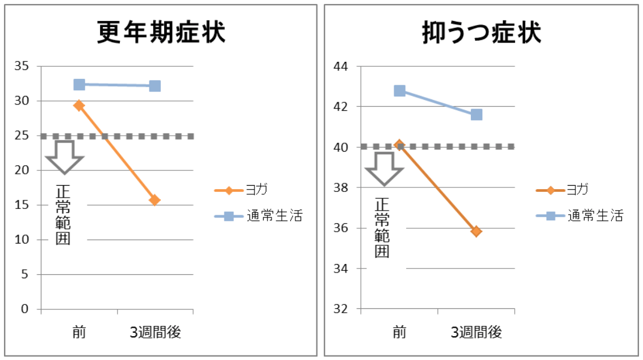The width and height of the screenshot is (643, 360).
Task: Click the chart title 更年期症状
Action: (x=161, y=33)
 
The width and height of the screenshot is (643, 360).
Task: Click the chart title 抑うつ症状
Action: (x=481, y=33)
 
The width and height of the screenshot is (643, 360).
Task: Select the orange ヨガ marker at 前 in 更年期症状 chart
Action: (x=79, y=105)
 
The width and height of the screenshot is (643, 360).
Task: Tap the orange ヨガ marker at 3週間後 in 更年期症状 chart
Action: (x=155, y=200)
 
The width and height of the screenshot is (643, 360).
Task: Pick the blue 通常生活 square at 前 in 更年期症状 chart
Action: (x=79, y=85)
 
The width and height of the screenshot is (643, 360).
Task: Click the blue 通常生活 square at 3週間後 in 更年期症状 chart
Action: (x=155, y=86)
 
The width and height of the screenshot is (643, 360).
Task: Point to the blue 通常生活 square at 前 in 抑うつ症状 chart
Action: (x=399, y=91)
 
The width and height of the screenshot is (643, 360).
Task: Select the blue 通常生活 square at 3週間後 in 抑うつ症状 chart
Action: (x=476, y=115)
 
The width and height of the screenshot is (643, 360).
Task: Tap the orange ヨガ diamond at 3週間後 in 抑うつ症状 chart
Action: (x=476, y=231)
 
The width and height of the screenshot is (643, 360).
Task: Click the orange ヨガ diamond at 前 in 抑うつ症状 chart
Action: (x=399, y=145)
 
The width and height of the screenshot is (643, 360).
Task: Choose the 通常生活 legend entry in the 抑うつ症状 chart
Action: (x=579, y=216)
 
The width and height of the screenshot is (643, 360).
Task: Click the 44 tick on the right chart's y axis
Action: (x=341, y=66)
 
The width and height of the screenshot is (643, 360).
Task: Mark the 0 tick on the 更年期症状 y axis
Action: (x=24, y=309)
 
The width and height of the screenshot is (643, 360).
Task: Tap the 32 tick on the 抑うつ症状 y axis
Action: (x=341, y=309)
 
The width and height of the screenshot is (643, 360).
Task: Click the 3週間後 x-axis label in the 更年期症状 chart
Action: (x=155, y=333)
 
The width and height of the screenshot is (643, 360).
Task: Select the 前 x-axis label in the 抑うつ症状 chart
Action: (x=399, y=333)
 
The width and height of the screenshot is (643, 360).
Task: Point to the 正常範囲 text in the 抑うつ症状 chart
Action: (x=383, y=228)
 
